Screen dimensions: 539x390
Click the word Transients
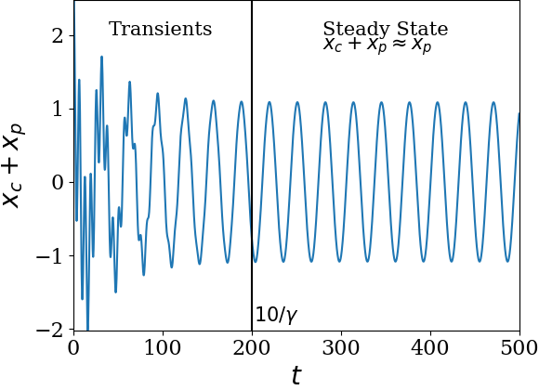160,29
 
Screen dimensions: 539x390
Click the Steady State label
386,29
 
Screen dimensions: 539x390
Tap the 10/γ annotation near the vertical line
276,315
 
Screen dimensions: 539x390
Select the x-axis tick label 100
163,347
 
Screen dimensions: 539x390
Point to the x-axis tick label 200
252,347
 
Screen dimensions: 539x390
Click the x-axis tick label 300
341,347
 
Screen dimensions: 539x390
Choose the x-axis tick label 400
430,347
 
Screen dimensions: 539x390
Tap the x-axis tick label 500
519,347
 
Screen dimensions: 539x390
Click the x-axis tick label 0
73,347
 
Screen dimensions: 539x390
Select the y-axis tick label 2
58,35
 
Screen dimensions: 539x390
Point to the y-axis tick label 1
58,109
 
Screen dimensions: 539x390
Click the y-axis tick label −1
50,255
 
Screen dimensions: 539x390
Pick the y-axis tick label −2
50,329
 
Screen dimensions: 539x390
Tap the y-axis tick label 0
58,182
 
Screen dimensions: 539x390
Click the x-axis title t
296,374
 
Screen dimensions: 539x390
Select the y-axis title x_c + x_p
13,165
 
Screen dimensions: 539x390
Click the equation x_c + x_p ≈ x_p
377,45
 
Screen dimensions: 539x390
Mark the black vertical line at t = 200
252,165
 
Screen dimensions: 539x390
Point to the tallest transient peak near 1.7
101,57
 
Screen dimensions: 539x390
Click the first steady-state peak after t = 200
269,102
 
